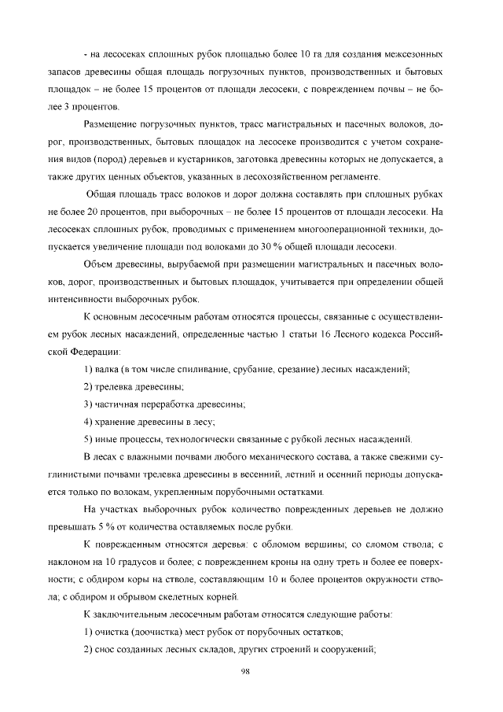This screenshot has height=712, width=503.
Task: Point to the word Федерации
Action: pos(93,352)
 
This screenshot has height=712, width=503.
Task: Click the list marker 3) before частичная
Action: pos(89,404)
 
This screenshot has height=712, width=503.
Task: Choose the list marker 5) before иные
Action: pos(89,439)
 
